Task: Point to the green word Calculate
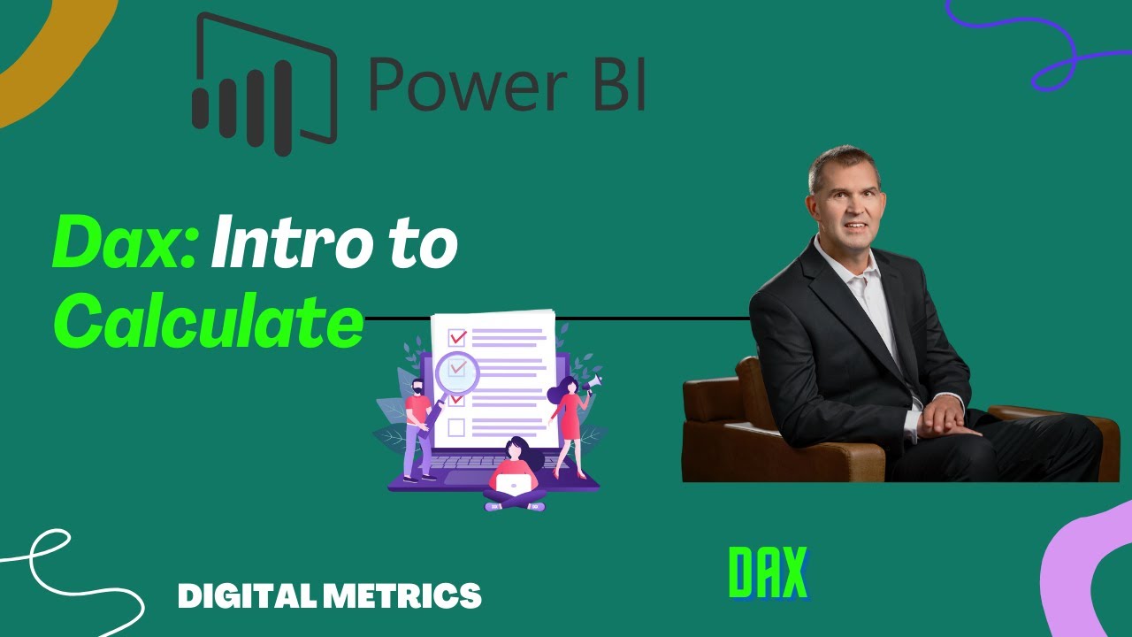(209, 322)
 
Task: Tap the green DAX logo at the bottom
(768, 572)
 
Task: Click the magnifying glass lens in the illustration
(457, 372)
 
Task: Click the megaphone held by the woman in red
(593, 382)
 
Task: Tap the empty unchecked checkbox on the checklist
(456, 428)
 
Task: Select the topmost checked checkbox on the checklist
(457, 337)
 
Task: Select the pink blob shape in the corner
(1093, 575)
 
